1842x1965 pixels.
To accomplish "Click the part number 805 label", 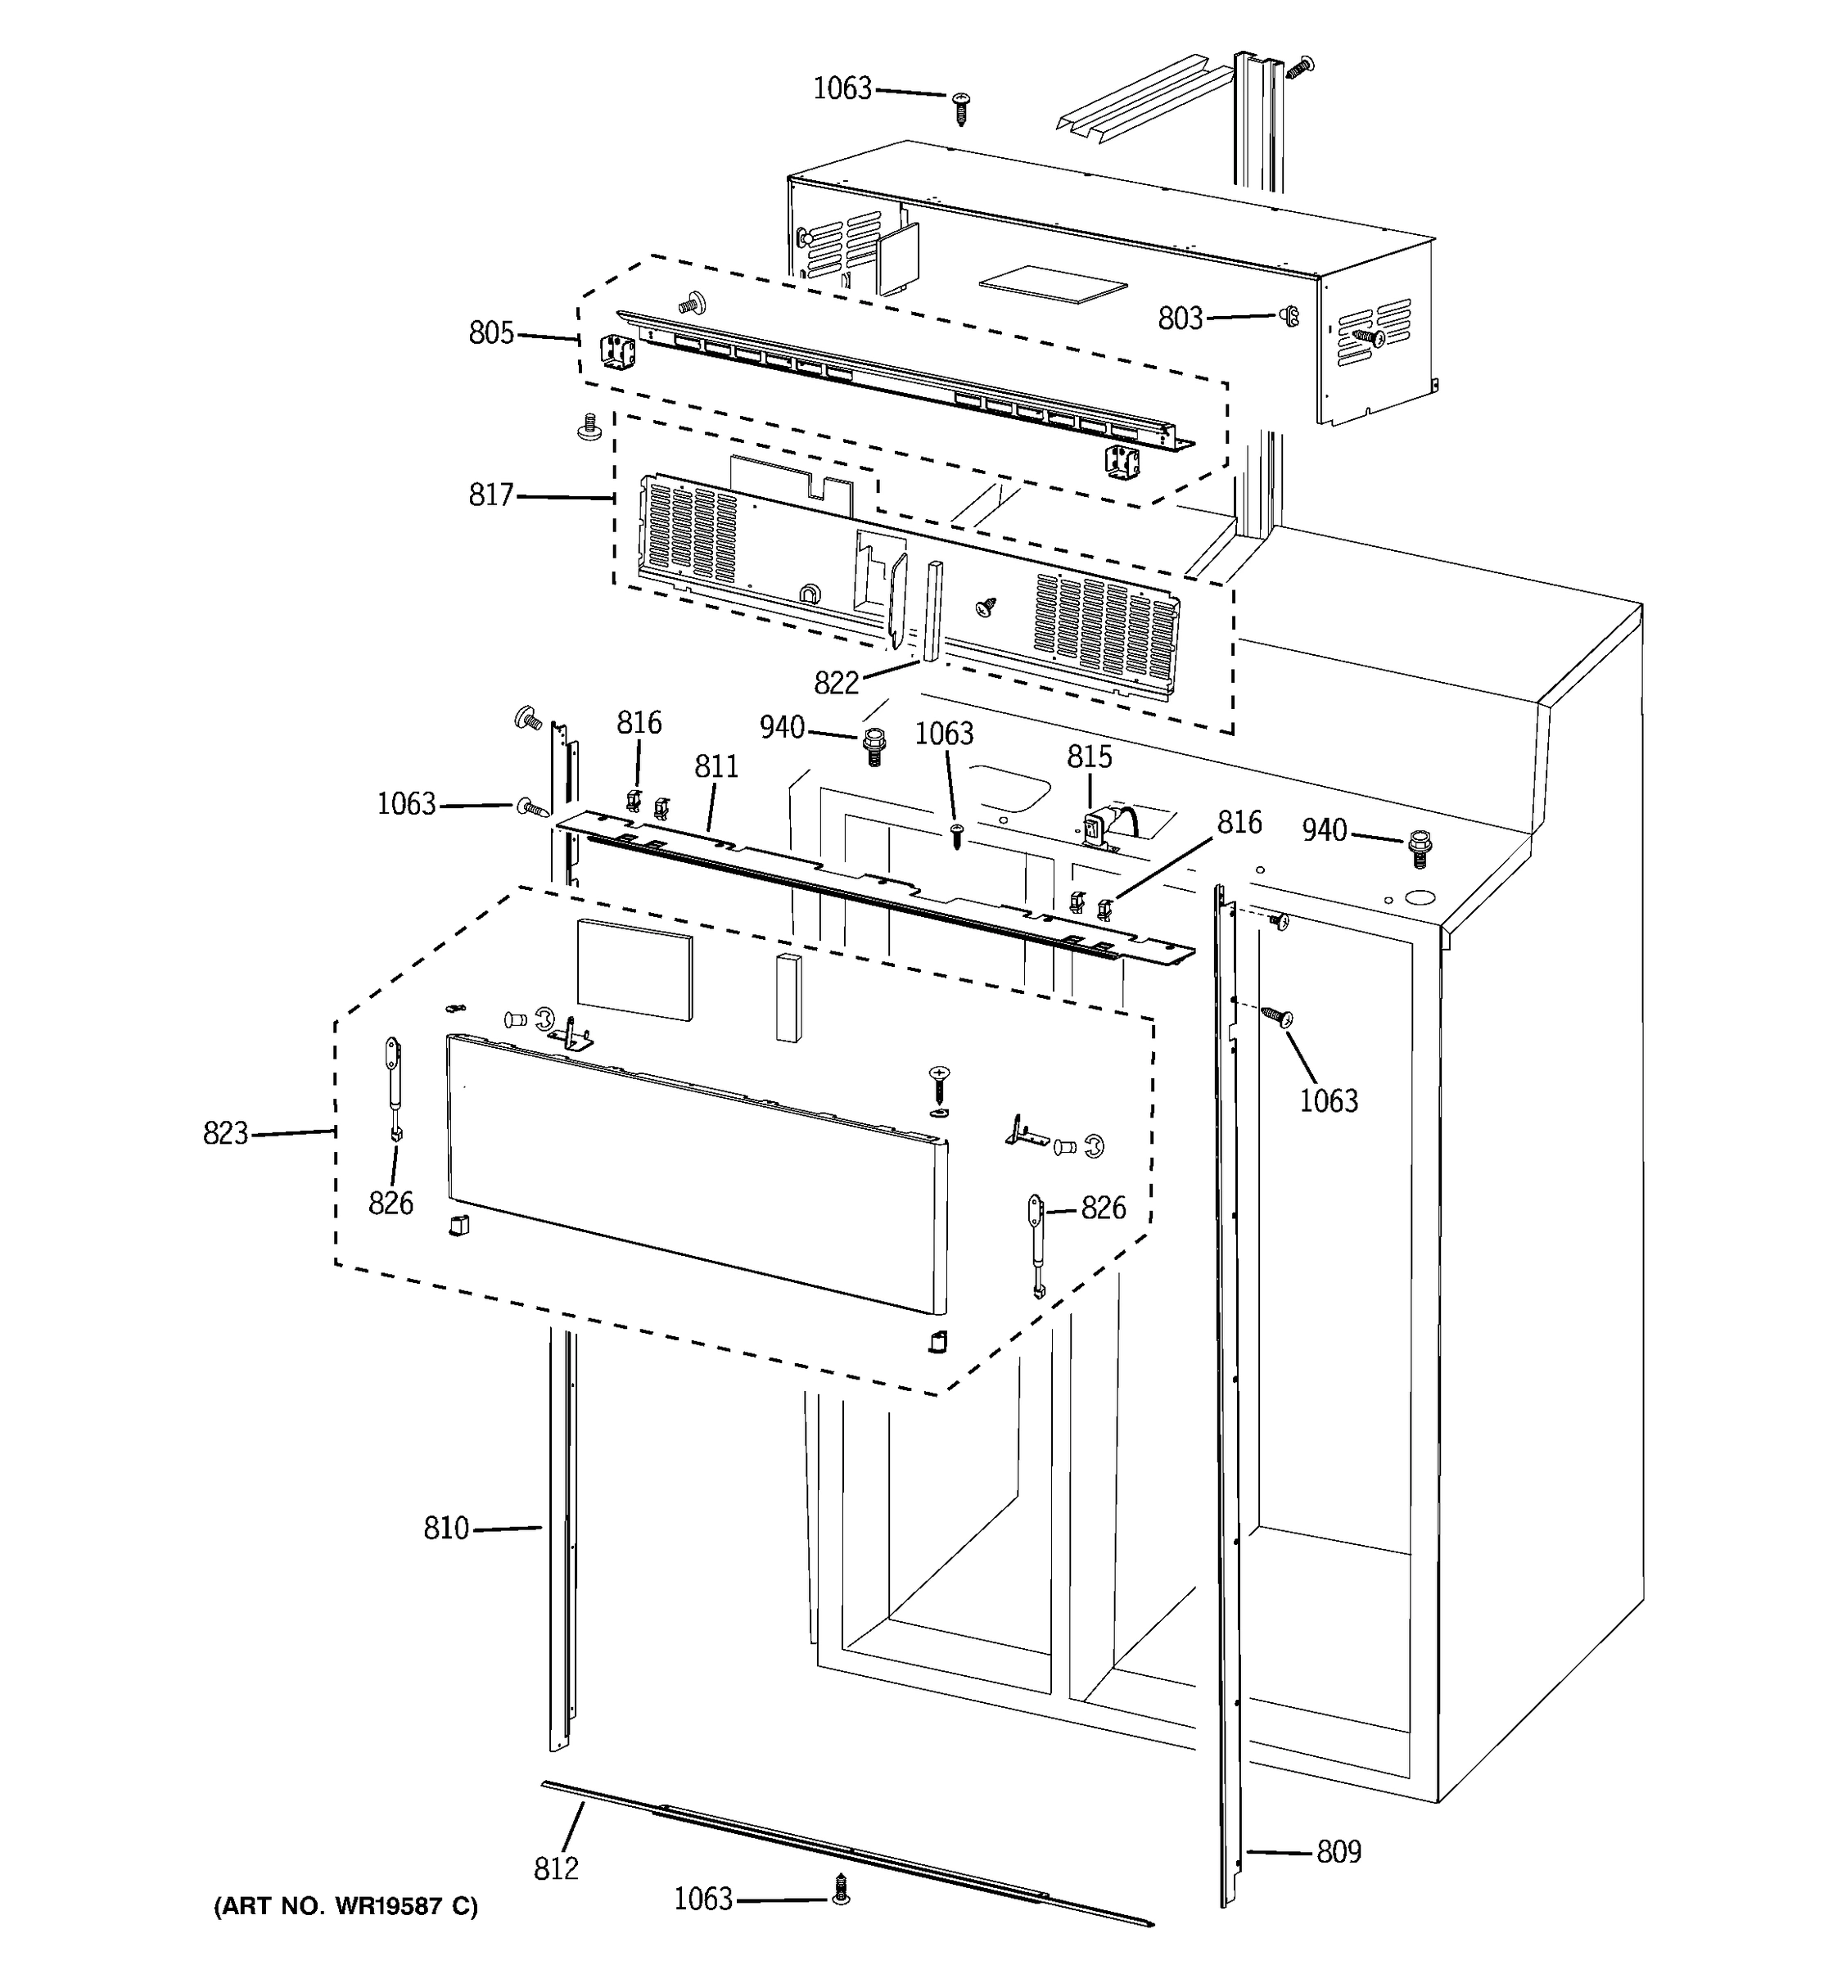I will click(491, 333).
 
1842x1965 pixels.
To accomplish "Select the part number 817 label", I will click(491, 495).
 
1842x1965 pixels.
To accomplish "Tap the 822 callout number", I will click(836, 683).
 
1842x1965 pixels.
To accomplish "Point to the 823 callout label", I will click(225, 1134).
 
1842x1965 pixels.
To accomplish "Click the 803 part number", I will click(1180, 318).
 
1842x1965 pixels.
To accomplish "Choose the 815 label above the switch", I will click(1089, 757).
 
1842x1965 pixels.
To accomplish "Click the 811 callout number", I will click(716, 766).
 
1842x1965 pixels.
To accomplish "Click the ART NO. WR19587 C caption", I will click(345, 1907).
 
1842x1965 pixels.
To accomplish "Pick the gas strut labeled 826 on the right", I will click(1036, 1244).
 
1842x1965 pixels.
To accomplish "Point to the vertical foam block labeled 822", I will click(932, 610).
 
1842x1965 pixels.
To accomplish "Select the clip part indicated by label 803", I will click(1289, 316).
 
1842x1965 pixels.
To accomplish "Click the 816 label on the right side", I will click(1238, 822).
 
